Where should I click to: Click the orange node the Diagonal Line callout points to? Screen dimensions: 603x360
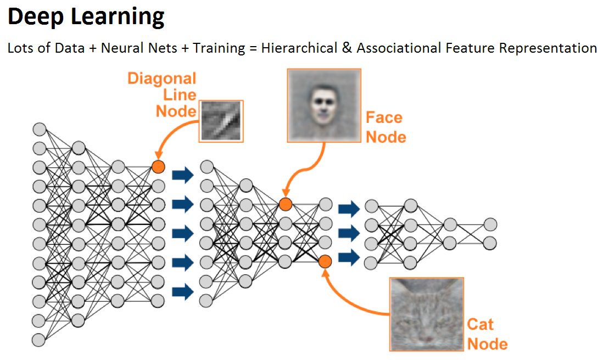click(x=158, y=167)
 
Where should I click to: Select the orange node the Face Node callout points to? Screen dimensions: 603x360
click(x=286, y=204)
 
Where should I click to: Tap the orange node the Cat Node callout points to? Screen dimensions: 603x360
click(x=325, y=262)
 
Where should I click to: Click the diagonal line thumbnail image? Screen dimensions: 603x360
click(x=221, y=121)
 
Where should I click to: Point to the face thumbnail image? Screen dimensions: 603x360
click(x=324, y=106)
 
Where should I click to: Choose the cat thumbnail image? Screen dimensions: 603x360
click(x=427, y=314)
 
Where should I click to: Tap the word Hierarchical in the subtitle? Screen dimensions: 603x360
click(x=299, y=48)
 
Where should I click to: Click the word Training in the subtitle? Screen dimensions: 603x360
click(x=219, y=48)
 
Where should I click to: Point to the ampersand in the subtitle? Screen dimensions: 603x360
click(x=347, y=48)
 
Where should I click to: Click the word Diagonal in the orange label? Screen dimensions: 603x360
click(x=162, y=78)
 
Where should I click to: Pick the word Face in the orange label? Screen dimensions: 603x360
click(x=384, y=117)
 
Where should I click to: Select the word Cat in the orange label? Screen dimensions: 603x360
click(x=481, y=324)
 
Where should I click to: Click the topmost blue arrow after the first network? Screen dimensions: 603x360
click(x=183, y=175)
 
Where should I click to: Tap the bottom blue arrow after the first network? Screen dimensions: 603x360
click(x=183, y=291)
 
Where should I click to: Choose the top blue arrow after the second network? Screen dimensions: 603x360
click(x=349, y=209)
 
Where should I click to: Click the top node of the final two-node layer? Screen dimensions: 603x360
click(x=490, y=224)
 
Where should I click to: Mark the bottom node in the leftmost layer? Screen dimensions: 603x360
click(x=39, y=340)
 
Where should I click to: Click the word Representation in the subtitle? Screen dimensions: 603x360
click(x=548, y=48)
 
